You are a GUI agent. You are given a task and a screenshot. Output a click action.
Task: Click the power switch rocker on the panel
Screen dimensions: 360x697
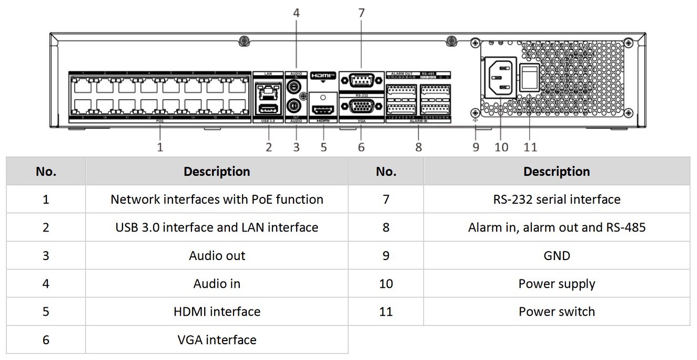(x=529, y=78)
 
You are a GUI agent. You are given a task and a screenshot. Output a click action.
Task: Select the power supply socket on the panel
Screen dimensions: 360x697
(x=500, y=77)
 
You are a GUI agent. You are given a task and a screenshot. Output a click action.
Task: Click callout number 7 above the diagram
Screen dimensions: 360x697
(x=361, y=13)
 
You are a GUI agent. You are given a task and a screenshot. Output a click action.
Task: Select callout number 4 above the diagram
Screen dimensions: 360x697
(x=296, y=13)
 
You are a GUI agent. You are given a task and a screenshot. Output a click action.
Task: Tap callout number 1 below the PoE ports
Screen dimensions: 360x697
(x=160, y=147)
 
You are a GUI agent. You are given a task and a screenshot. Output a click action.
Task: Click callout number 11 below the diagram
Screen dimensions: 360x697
(x=530, y=147)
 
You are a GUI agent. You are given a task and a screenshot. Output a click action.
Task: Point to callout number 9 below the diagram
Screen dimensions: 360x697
(x=476, y=147)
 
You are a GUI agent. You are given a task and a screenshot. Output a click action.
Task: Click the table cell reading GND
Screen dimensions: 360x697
(x=557, y=255)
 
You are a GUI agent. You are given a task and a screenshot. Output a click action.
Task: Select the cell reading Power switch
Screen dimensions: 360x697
(x=557, y=311)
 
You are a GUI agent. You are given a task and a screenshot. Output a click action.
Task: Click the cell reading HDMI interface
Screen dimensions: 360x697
(x=217, y=311)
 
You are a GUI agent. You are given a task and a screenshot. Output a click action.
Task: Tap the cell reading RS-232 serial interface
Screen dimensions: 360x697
(x=557, y=199)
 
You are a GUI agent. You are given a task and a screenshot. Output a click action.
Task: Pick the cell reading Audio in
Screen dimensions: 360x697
(x=217, y=283)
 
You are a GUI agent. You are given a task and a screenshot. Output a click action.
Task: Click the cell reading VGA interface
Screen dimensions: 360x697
(x=217, y=339)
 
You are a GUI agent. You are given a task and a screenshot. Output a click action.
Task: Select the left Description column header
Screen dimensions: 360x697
(x=217, y=172)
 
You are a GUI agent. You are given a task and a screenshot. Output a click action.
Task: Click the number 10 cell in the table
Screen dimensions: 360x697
(x=386, y=283)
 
